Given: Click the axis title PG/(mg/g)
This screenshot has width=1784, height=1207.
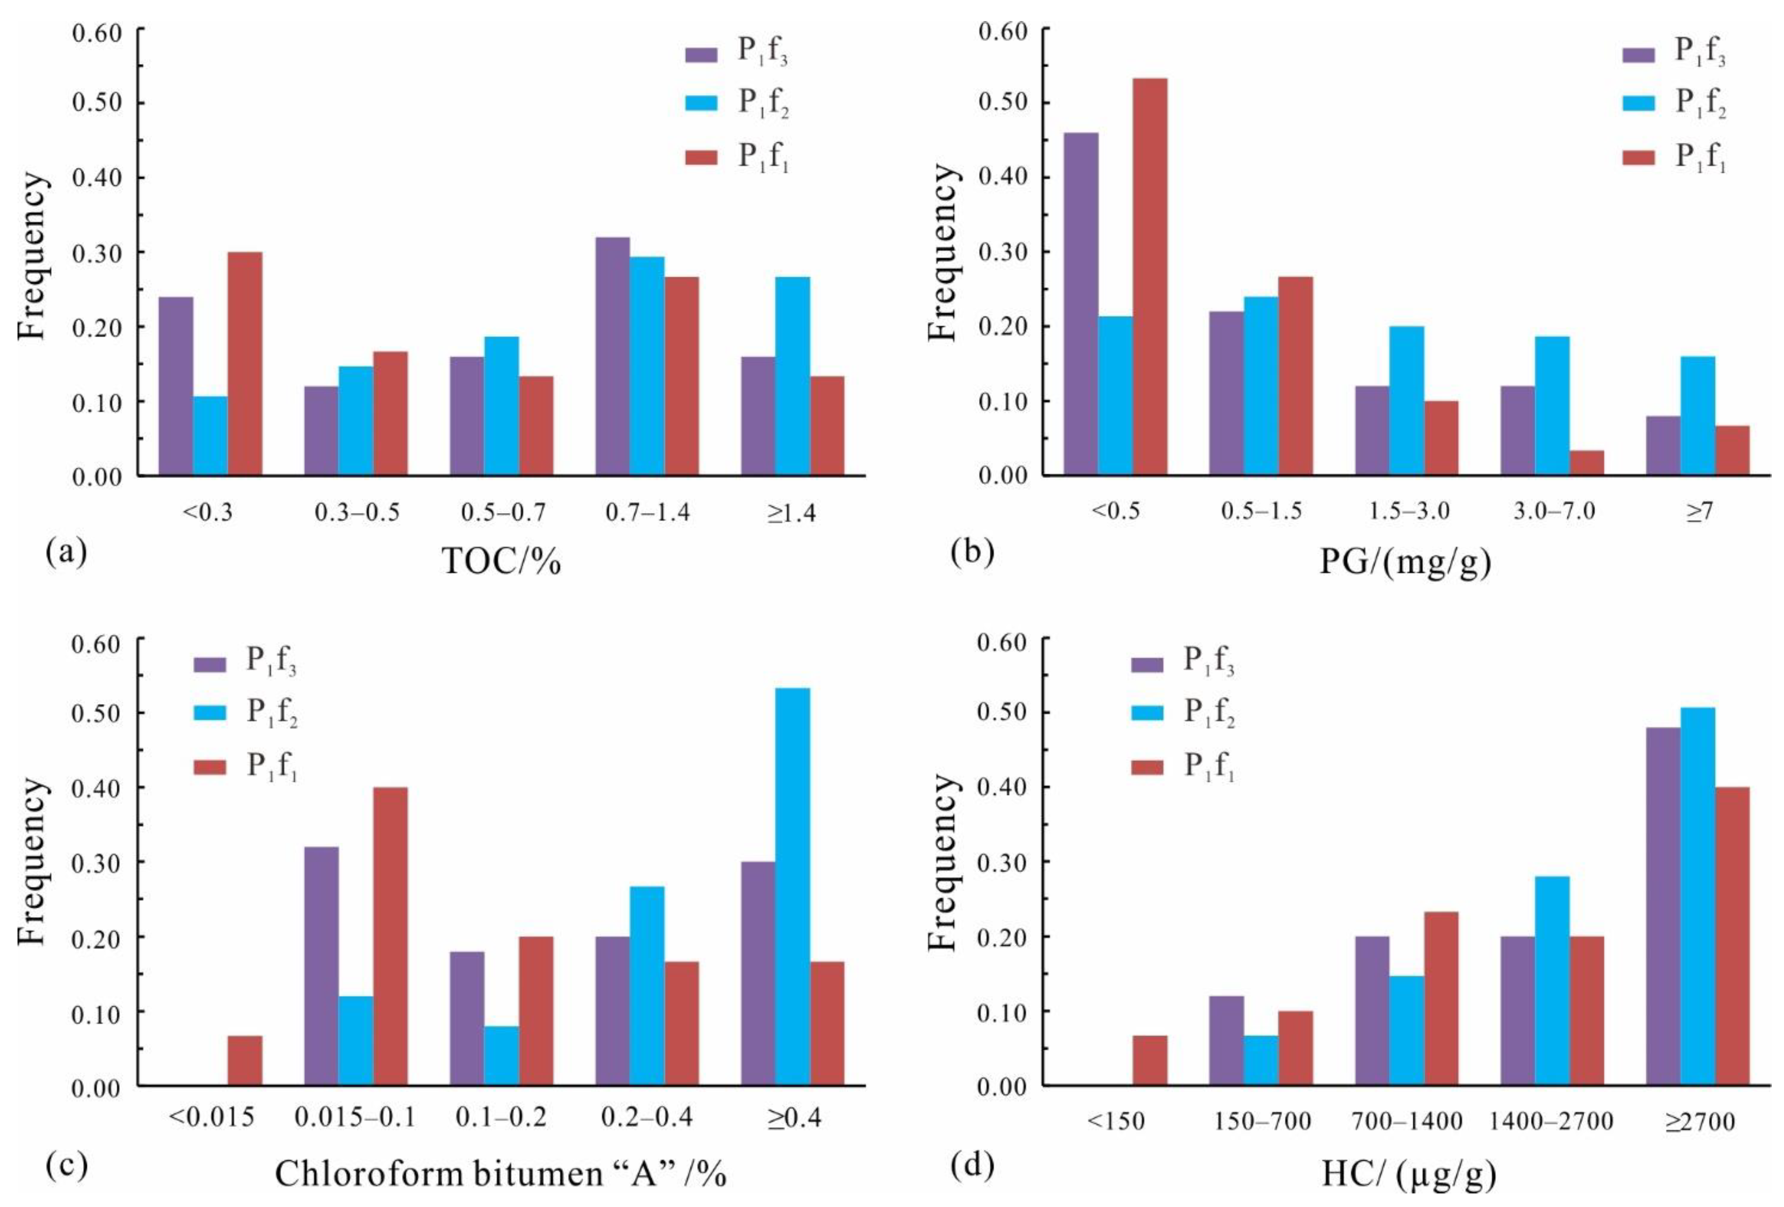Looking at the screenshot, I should [1406, 563].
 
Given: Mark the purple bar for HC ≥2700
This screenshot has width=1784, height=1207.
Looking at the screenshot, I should [1663, 906].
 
